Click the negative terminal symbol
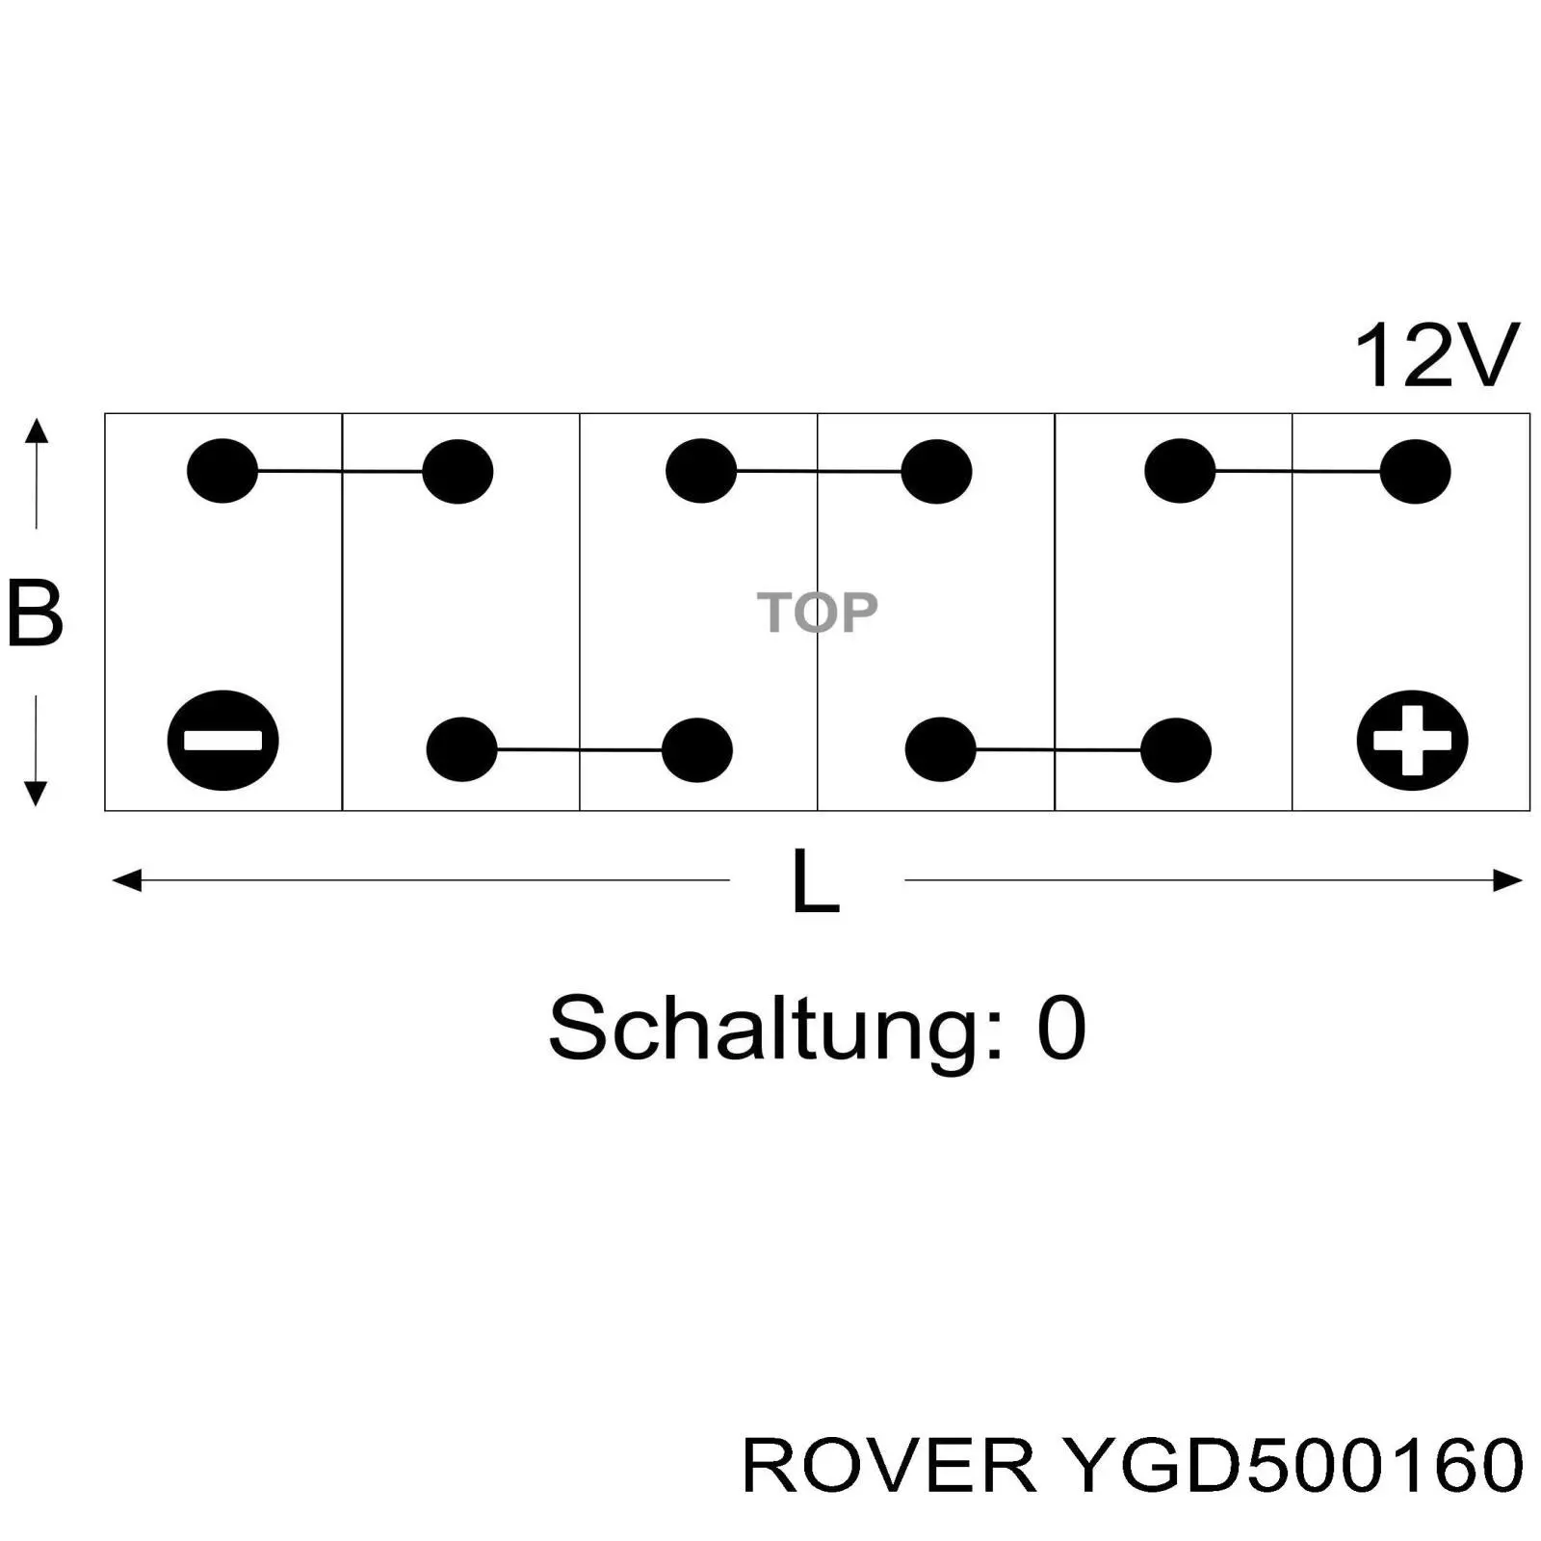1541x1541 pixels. pyautogui.click(x=222, y=740)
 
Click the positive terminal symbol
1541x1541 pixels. pyautogui.click(x=1412, y=740)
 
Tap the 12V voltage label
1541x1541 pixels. pyautogui.click(x=1435, y=356)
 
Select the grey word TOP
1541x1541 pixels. pyautogui.click(x=817, y=612)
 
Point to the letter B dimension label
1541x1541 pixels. pyautogui.click(x=35, y=613)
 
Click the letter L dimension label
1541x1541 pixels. pyautogui.click(x=815, y=880)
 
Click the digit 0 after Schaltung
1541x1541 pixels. pyautogui.click(x=1061, y=1029)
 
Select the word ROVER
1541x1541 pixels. pyautogui.click(x=888, y=1466)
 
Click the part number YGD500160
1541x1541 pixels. pyautogui.click(x=1291, y=1466)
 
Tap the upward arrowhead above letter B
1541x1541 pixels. pyautogui.click(x=36, y=430)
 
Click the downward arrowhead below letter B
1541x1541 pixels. pyautogui.click(x=36, y=794)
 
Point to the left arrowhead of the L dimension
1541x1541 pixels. pyautogui.click(x=126, y=880)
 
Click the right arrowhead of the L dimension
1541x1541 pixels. pyautogui.click(x=1507, y=880)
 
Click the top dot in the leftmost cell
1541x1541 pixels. pyautogui.click(x=222, y=471)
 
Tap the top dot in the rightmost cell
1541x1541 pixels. pyautogui.click(x=1415, y=472)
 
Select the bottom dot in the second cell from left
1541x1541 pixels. pyautogui.click(x=461, y=749)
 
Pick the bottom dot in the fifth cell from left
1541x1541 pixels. pyautogui.click(x=1176, y=749)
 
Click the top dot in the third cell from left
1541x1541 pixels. pyautogui.click(x=701, y=471)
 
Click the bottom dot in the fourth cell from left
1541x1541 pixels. pyautogui.click(x=940, y=749)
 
